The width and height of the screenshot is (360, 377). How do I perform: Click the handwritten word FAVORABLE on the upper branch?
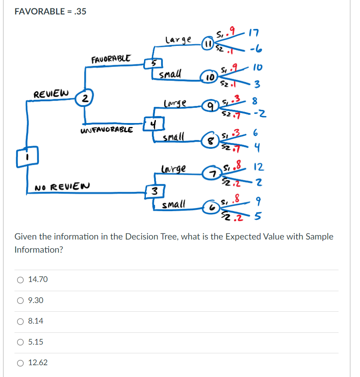click(111, 59)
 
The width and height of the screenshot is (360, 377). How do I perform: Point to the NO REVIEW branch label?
click(62, 186)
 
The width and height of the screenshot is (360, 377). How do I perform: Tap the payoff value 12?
click(258, 167)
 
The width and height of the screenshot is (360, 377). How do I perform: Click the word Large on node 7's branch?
click(173, 169)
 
